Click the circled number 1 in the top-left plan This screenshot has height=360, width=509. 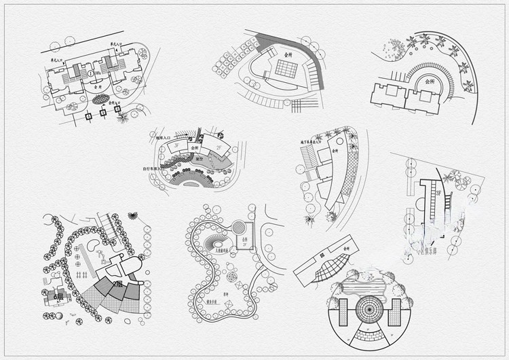pyautogui.click(x=90, y=73)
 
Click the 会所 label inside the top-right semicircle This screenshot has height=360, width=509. pyautogui.click(x=429, y=81)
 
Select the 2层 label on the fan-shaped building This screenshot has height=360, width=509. pyautogui.click(x=117, y=283)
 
